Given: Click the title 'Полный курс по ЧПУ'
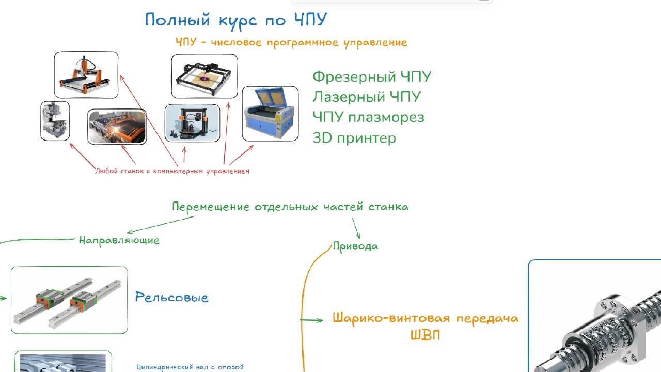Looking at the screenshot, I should [x=236, y=20].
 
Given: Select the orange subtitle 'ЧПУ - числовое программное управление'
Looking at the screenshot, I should [x=291, y=43].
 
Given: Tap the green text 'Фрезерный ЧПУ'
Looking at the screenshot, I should [x=371, y=78].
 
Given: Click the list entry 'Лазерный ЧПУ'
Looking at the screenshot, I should [x=366, y=97].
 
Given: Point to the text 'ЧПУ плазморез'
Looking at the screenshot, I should [x=368, y=117].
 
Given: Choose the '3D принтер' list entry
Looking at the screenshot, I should [x=354, y=138].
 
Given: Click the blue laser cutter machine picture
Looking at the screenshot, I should [x=270, y=114].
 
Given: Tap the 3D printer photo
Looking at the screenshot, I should [x=192, y=123].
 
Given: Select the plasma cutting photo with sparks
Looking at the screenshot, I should [x=117, y=127].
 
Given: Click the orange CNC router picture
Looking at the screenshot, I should [x=86, y=75].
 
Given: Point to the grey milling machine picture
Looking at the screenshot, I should [x=55, y=121].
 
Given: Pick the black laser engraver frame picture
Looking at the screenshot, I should [x=204, y=76].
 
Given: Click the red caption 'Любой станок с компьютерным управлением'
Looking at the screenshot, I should [x=172, y=171].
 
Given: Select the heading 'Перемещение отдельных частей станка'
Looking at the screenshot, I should [x=290, y=207].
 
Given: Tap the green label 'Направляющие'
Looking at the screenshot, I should [x=119, y=240].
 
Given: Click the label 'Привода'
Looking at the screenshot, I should [x=355, y=246].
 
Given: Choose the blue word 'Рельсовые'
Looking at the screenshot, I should [x=171, y=297].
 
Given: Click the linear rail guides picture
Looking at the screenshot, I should [x=69, y=300].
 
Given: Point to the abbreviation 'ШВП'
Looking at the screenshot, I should [x=425, y=335].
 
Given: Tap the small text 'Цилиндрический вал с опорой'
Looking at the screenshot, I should [x=190, y=367].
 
